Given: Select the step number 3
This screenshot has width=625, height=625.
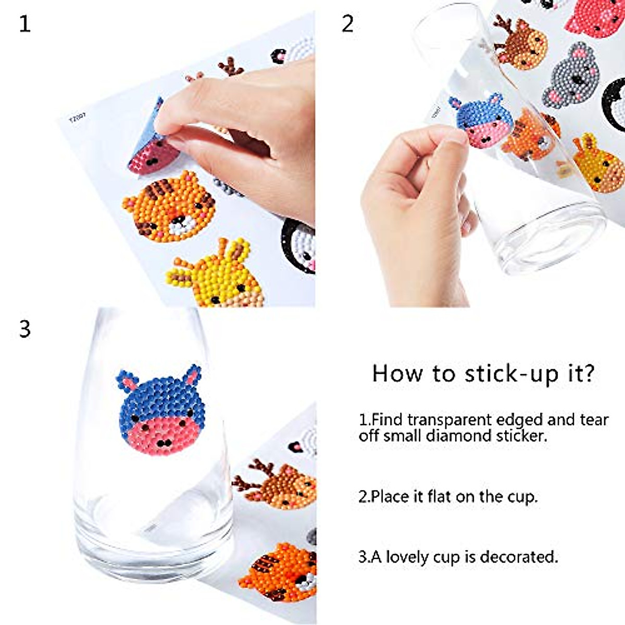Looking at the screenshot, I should (x=24, y=329).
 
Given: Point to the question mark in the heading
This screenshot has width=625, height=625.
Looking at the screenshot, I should (x=589, y=373).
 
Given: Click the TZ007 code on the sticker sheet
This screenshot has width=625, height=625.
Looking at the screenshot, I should (x=77, y=118).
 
